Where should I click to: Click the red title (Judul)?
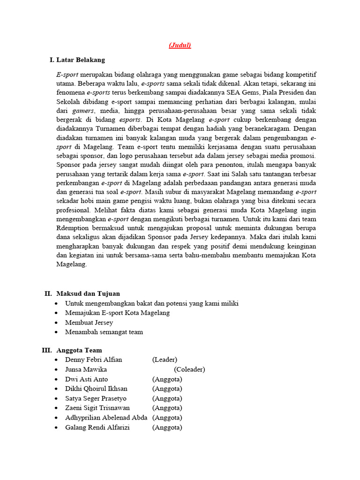[180, 45]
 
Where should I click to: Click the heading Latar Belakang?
[81, 60]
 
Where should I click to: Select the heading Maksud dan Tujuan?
[88, 293]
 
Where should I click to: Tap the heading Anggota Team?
[79, 350]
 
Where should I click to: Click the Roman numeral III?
[46, 350]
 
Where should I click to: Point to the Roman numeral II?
[48, 293]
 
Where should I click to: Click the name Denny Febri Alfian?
[94, 360]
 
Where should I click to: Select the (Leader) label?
[165, 360]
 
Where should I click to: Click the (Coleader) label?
[189, 369]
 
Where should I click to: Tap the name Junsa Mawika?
[86, 369]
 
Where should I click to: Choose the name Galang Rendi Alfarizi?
[97, 427]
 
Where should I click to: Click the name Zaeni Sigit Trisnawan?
[97, 408]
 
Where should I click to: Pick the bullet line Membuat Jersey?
[89, 322]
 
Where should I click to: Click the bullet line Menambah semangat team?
[104, 332]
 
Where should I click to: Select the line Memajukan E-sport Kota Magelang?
[118, 313]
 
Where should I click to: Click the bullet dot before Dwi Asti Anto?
[56, 379]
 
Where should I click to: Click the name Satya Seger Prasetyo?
[96, 398]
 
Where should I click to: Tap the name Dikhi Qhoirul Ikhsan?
[97, 389]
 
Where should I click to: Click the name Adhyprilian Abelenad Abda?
[106, 418]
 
